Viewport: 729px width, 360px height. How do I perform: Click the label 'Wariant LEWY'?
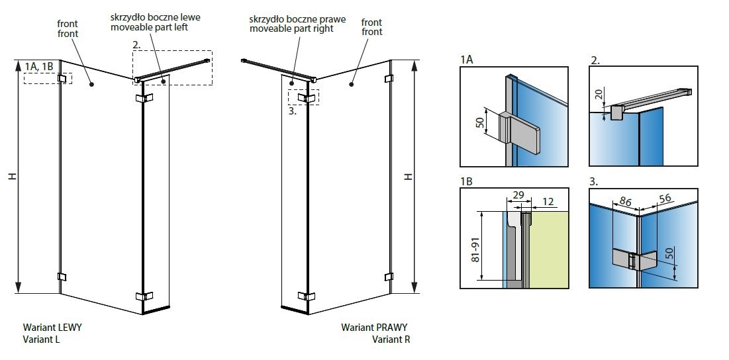coord(52,328)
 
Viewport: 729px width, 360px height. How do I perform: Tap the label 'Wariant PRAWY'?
coord(375,328)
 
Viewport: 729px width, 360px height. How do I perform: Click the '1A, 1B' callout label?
coord(40,66)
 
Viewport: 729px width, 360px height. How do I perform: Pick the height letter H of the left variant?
coord(13,177)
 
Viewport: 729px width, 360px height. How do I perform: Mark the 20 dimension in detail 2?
coord(599,95)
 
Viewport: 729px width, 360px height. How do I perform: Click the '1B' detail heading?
coord(467,179)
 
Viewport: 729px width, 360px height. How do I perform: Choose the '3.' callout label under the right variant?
coord(293,111)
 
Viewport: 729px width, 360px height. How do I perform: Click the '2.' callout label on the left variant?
coord(136,45)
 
